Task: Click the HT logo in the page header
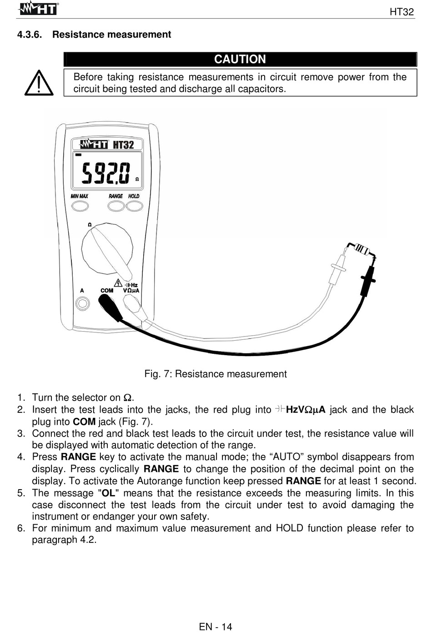[x=39, y=9]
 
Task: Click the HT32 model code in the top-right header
[x=402, y=12]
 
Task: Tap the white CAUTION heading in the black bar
[x=240, y=60]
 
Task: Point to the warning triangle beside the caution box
[x=39, y=83]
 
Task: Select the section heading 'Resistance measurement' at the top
[x=111, y=35]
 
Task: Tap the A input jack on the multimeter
[x=82, y=303]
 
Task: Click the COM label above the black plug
[x=107, y=291]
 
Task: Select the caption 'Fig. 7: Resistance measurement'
[x=216, y=374]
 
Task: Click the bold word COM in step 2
[x=84, y=422]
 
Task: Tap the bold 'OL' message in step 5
[x=108, y=493]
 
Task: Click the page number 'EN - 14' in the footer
[x=216, y=627]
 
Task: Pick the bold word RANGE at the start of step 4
[x=78, y=457]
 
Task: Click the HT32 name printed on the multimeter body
[x=123, y=145]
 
